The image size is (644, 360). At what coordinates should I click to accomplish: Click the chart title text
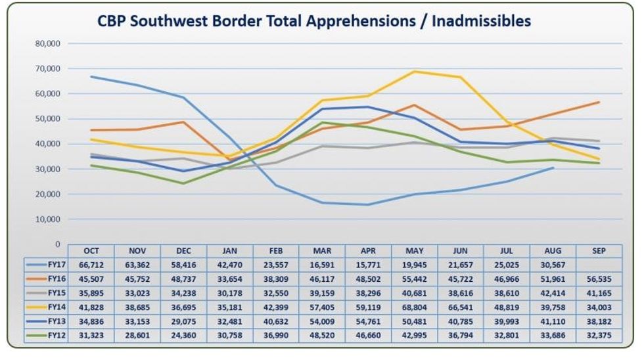coord(314,21)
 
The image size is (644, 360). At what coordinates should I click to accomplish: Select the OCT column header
coord(91,251)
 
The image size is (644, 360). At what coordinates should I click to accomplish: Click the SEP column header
coord(599,251)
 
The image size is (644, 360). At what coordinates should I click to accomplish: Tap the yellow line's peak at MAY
coord(414,72)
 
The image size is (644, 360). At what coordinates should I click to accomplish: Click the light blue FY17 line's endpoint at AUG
coord(553,168)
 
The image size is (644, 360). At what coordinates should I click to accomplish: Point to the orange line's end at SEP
coord(599,102)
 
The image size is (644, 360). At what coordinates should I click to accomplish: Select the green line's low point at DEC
coord(183,183)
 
